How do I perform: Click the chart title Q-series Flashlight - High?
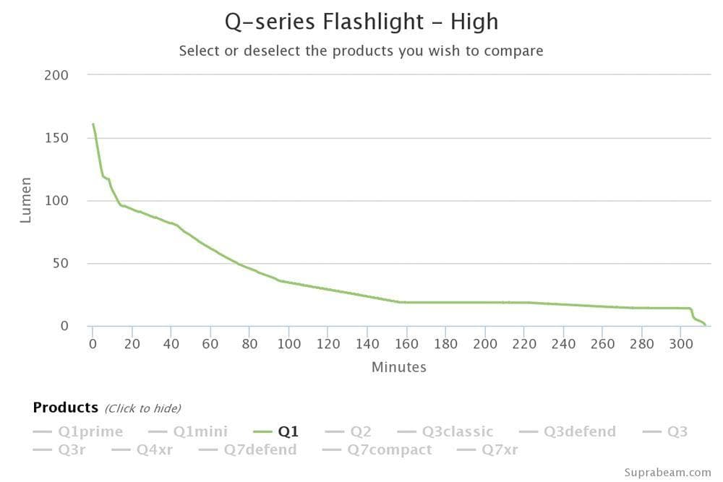[361, 22]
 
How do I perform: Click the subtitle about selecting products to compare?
[361, 51]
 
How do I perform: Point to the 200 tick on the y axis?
[56, 75]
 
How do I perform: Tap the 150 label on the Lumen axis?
[56, 138]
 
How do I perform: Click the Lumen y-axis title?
[26, 200]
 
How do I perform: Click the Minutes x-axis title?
[398, 367]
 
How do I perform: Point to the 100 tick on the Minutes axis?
[289, 343]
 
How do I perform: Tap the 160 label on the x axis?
[407, 343]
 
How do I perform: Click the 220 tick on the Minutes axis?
[525, 343]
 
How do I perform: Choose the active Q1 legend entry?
[288, 431]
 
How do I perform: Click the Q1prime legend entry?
[90, 431]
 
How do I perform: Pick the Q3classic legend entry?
[458, 431]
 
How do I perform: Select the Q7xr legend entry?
[500, 449]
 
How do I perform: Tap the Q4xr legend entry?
[154, 449]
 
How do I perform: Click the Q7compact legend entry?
[389, 449]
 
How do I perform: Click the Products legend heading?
[65, 408]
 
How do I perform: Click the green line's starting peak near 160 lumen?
[93, 124]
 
